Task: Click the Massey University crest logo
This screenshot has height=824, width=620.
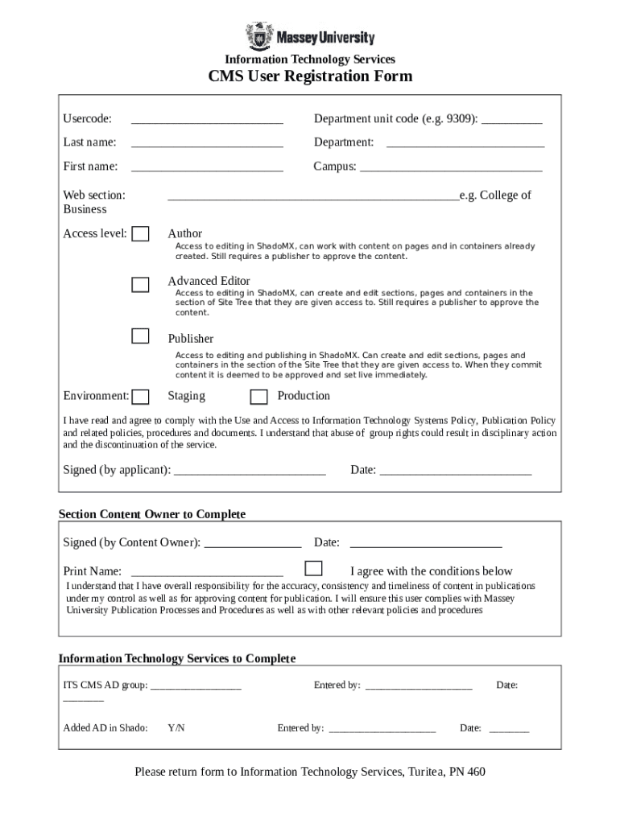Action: coord(259,36)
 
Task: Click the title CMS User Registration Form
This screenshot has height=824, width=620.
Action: coord(310,76)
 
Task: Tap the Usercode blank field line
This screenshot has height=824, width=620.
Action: coord(207,122)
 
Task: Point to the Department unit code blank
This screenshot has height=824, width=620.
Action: coord(512,122)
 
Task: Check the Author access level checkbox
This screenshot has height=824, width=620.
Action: coord(141,234)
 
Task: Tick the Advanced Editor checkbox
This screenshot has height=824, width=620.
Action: coord(141,284)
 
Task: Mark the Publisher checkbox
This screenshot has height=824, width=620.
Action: coord(141,336)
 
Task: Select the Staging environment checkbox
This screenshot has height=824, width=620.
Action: coord(141,397)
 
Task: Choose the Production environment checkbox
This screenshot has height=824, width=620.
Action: coord(258,397)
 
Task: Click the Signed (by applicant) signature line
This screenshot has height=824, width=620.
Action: coord(250,472)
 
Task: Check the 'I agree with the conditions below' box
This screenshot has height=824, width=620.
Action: coord(314,568)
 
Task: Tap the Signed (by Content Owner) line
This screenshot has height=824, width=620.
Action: coord(253,545)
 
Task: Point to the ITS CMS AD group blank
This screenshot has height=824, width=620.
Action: coord(196,688)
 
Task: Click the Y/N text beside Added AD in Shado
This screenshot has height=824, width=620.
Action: coord(176,728)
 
